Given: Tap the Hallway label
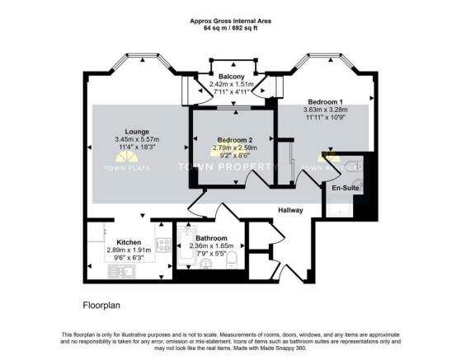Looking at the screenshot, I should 290,211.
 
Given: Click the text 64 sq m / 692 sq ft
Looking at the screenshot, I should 230,28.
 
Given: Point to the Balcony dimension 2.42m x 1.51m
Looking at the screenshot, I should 225,84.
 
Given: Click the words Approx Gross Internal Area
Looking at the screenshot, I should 230,20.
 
